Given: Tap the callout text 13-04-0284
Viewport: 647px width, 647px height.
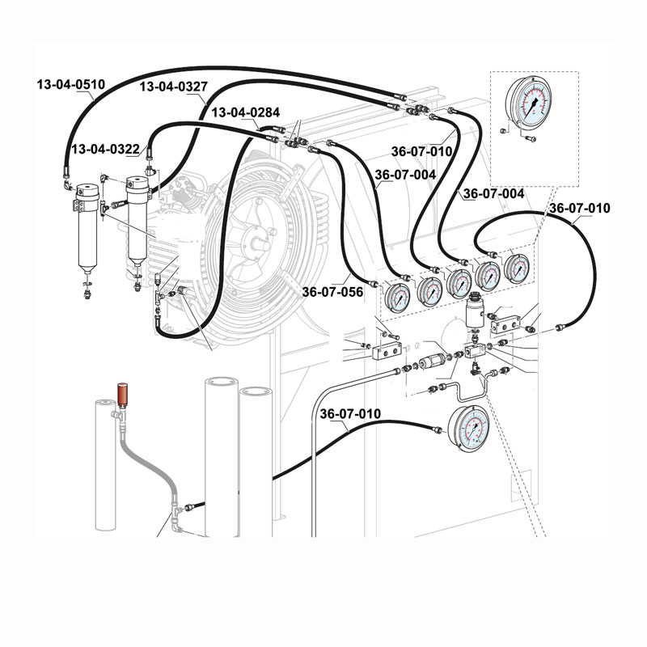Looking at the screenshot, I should tap(245, 112).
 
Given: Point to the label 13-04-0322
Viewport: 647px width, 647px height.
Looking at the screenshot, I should tap(105, 150).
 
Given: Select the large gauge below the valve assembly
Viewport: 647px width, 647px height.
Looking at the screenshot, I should tap(468, 429).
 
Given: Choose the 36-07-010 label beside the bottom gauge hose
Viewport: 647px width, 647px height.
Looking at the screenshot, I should tap(349, 414).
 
